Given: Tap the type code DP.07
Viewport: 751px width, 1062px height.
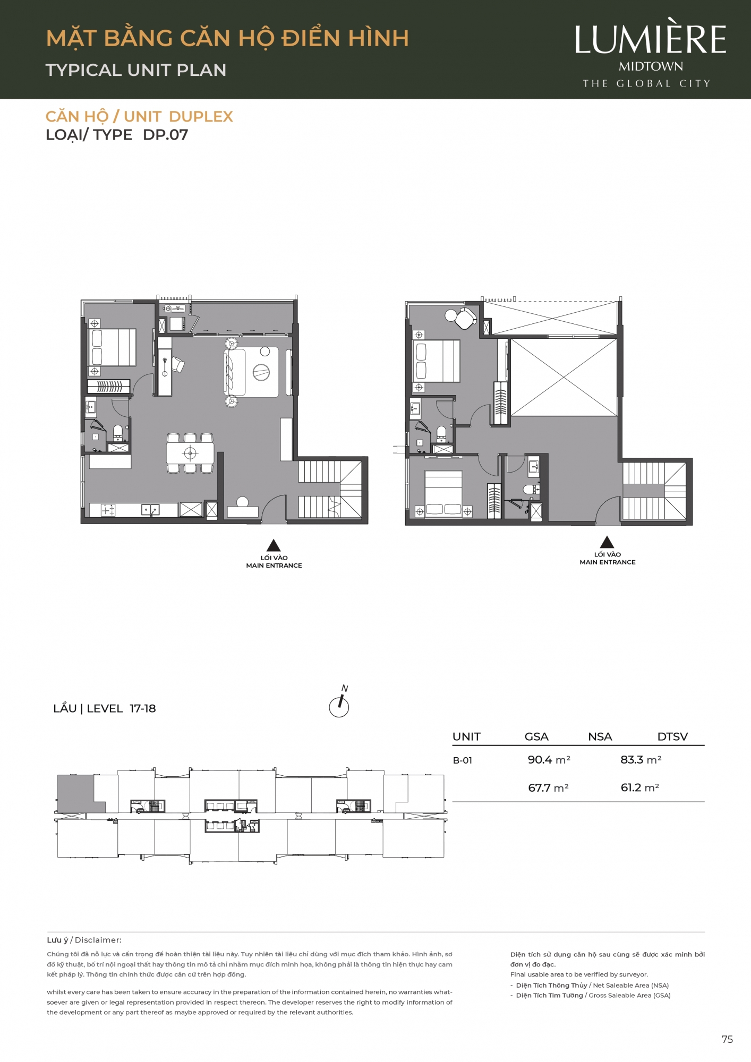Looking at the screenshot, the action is tap(165, 135).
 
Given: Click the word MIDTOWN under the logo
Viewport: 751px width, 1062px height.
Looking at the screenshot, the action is tap(651, 66).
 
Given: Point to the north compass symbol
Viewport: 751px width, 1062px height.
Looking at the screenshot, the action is tap(339, 702).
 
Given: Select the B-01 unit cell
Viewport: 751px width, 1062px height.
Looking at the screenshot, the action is tap(462, 760).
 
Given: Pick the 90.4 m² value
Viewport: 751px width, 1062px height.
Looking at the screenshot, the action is tap(549, 760).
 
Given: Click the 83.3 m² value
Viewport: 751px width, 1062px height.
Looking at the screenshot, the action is tap(641, 760).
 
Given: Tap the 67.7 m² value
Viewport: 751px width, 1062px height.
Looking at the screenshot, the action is tap(548, 788).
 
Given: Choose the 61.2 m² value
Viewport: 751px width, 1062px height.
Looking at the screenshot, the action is tap(640, 787).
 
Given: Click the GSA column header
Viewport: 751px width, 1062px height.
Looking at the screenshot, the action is tap(536, 736).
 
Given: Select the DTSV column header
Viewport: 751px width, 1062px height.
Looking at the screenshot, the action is tap(672, 736).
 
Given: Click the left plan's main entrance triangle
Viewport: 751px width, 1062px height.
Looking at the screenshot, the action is tap(274, 545).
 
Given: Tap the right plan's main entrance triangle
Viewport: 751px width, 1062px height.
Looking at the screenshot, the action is tap(607, 542).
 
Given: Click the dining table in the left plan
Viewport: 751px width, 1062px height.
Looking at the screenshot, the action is tap(190, 453).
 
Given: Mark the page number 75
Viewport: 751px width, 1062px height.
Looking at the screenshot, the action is tap(727, 1040).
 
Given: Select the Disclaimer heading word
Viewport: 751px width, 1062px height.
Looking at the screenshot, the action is tap(98, 940).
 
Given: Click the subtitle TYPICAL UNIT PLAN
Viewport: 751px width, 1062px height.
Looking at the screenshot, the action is tap(136, 70).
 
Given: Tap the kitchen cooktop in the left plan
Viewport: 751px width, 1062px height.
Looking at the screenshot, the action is tap(108, 510).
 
